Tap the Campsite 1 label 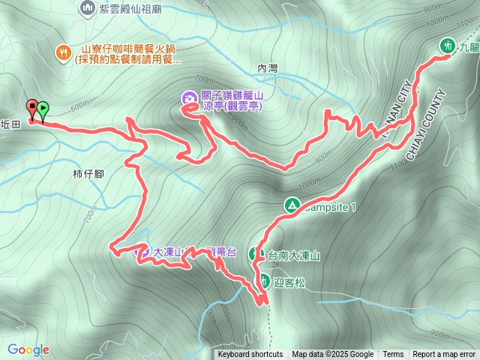331,205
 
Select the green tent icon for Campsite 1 292,204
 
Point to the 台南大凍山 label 294,256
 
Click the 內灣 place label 268,68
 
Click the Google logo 28,349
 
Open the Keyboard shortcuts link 250,355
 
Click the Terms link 393,355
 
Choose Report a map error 444,355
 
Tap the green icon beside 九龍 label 448,45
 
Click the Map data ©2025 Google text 332,355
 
